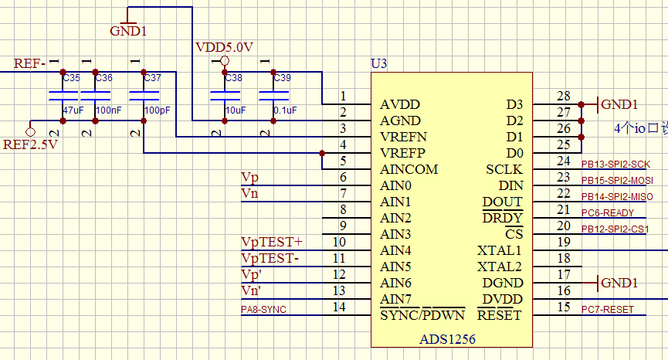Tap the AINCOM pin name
[409, 169]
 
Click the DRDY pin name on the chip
[502, 218]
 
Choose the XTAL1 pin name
[499, 250]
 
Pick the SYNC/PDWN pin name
[422, 315]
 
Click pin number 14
[339, 307]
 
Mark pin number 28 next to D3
[563, 97]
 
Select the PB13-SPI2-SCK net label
[615, 165]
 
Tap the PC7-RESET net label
[607, 310]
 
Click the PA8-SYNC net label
[264, 310]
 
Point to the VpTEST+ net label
[272, 243]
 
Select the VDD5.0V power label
[225, 47]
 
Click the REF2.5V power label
[31, 144]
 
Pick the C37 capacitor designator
[152, 78]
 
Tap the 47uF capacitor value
[73, 110]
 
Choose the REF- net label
[30, 63]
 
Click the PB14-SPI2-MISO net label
[617, 197]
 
